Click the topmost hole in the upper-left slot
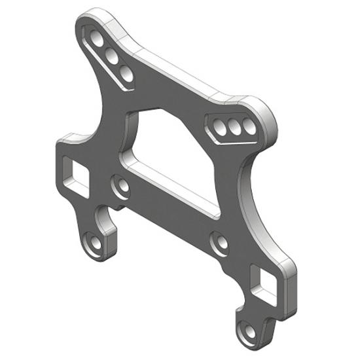coord(96,37)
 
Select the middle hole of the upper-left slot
coord(112,56)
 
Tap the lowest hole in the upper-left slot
coord(127,75)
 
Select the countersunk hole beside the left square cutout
coord(120,187)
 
